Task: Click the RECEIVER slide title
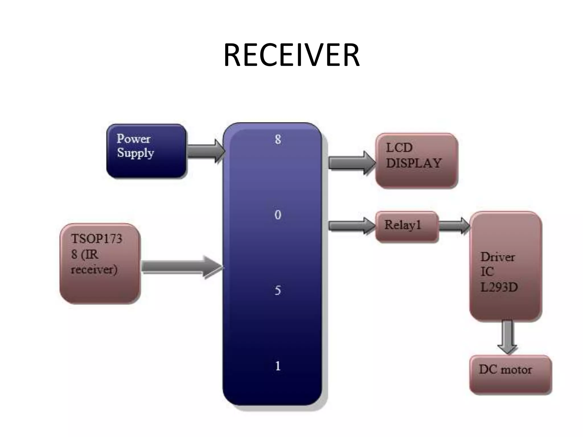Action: [x=291, y=55]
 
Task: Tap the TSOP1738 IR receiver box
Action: [x=100, y=263]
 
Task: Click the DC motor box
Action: [x=510, y=374]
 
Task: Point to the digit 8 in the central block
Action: [x=278, y=139]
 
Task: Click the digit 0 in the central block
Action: [x=278, y=215]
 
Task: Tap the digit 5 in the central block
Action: [x=278, y=290]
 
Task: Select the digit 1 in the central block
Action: [x=278, y=366]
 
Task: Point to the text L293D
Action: [x=499, y=287]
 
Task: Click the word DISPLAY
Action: [x=414, y=163]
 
